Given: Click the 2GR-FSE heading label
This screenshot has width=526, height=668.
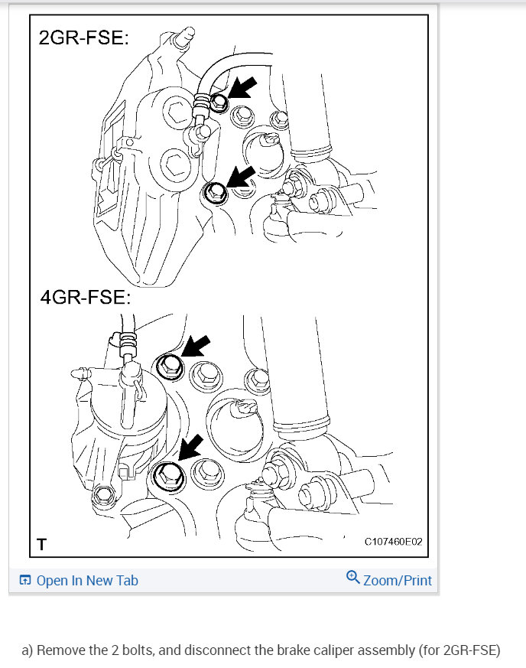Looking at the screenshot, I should [83, 37].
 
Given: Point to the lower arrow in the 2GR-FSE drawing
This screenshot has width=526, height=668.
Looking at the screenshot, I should [242, 178].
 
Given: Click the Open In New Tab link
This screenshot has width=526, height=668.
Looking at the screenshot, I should [87, 580].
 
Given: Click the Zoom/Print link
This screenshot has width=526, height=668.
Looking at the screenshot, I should [398, 580].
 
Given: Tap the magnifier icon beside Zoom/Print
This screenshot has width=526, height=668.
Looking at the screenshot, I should [352, 577].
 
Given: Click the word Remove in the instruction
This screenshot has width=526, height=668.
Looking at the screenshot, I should [60, 651].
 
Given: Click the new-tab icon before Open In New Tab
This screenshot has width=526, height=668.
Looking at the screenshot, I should [25, 580].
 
